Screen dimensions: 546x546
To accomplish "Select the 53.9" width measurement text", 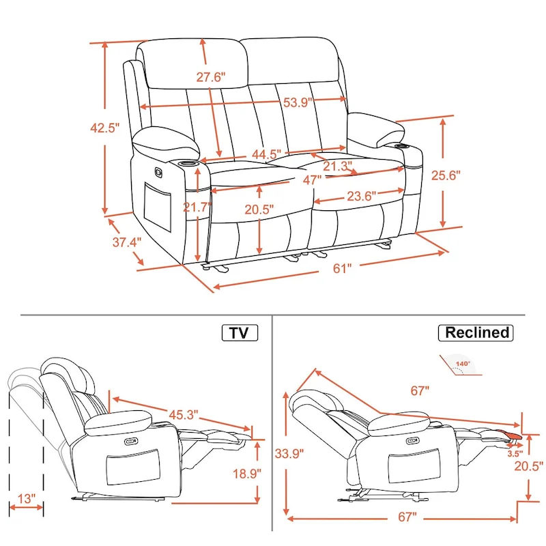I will (x=298, y=102).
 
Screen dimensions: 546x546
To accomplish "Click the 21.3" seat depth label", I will (x=338, y=165).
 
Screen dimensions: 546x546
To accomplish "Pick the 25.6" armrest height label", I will (x=446, y=175).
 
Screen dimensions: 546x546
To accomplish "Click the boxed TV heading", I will (x=239, y=332).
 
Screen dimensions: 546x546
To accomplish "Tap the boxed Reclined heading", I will (x=477, y=332).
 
